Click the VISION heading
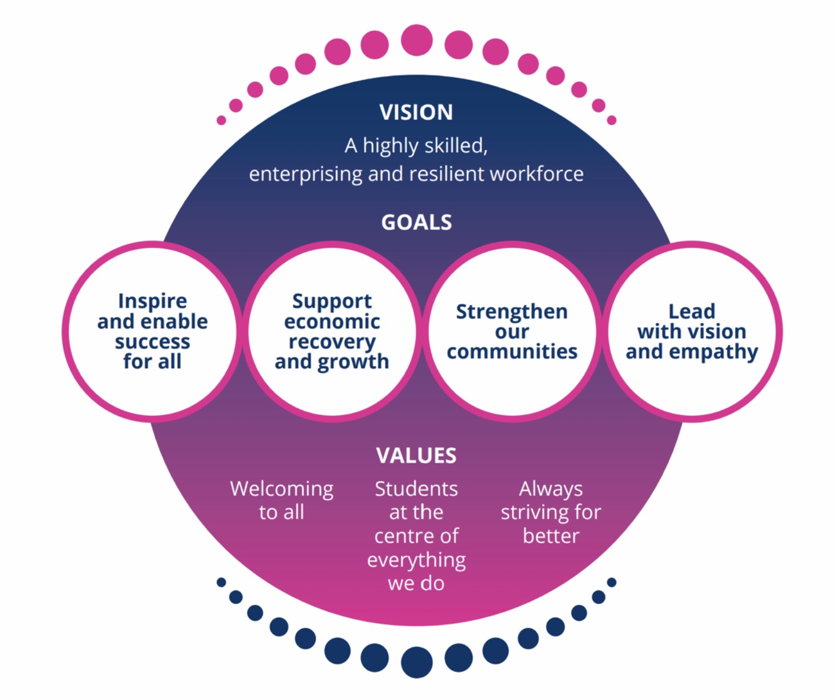point(416,112)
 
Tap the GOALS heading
point(416,222)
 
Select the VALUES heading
point(416,455)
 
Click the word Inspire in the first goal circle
point(152,301)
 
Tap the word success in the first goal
point(152,342)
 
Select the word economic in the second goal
point(332,322)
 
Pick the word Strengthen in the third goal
point(512,311)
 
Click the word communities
point(512,351)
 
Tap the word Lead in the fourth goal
point(691,311)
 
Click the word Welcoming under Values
point(282,489)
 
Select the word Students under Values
point(416,489)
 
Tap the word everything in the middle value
point(416,560)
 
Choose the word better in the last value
point(550,536)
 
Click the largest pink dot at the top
point(417,40)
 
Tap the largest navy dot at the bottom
point(417,662)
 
